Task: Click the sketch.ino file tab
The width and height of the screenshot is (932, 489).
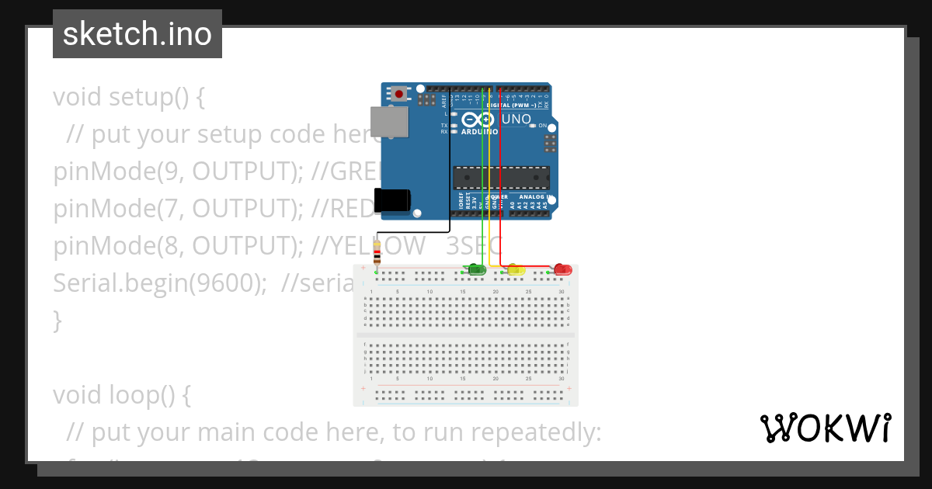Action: [137, 34]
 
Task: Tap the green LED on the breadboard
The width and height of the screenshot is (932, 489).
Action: [476, 269]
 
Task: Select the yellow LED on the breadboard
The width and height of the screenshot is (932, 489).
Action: [516, 270]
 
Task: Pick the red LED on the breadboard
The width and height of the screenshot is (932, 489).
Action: [562, 269]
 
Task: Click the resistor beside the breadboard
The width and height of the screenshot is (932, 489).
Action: [377, 253]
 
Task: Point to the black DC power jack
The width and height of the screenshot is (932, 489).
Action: [391, 199]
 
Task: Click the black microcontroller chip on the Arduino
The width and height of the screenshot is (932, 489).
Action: [501, 178]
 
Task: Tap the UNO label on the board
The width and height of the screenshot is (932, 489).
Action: [516, 120]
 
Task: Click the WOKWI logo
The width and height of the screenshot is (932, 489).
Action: [825, 428]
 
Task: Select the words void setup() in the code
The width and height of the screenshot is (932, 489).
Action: [129, 98]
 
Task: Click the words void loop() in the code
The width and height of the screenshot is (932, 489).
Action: [122, 395]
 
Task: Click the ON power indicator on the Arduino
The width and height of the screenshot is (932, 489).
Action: [543, 125]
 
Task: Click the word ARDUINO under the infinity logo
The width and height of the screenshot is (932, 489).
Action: [478, 132]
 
